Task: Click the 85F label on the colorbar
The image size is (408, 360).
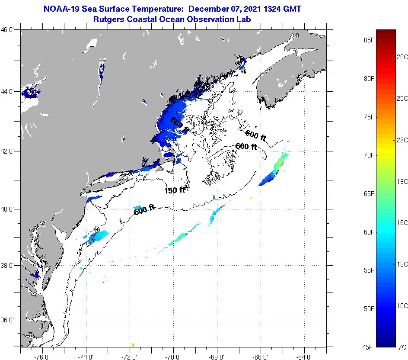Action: point(369,40)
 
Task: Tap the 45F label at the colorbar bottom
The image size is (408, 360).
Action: point(369,347)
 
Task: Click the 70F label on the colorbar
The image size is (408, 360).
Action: point(369,155)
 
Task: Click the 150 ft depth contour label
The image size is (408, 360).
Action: point(175,190)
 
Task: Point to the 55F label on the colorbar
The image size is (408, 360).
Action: point(369,270)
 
